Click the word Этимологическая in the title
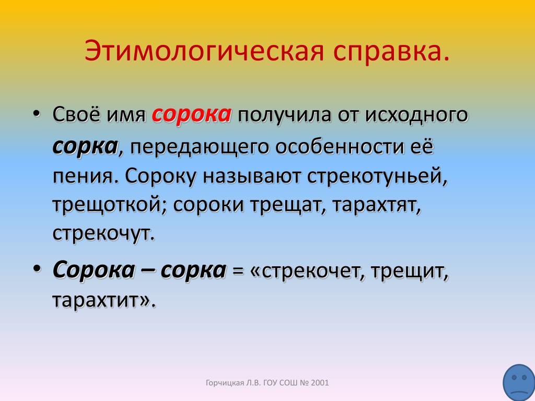204,52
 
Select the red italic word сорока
191,115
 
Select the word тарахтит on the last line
96,301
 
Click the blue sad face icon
519,383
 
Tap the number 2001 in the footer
320,383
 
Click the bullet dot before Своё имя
37,114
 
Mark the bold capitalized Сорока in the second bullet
94,271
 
